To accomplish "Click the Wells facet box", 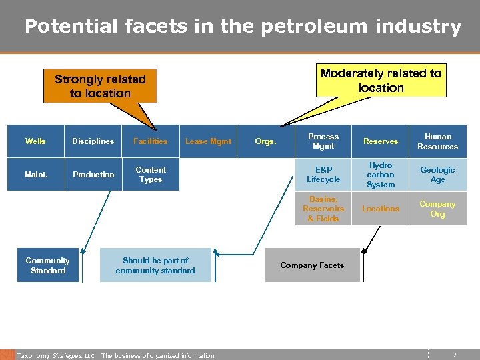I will [35, 141].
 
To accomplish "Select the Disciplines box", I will [93, 141].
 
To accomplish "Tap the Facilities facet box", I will [151, 141].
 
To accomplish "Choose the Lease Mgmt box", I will [208, 141].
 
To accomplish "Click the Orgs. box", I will [265, 141].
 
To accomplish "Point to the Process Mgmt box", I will [323, 141].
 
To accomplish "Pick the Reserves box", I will [381, 141].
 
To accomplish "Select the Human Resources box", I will [437, 141].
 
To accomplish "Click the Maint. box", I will [35, 175].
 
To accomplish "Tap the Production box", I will [93, 175].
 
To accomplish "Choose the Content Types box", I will [151, 175].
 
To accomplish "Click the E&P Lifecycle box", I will [323, 175].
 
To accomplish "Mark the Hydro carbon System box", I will [381, 175].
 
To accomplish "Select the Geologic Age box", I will [437, 175].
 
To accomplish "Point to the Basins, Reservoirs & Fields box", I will [323, 209].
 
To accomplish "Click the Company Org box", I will [437, 209].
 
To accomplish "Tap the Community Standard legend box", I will [48, 265].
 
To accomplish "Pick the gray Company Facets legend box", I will [312, 265].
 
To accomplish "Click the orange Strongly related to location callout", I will [100, 87].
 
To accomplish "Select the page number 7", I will [455, 355].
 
